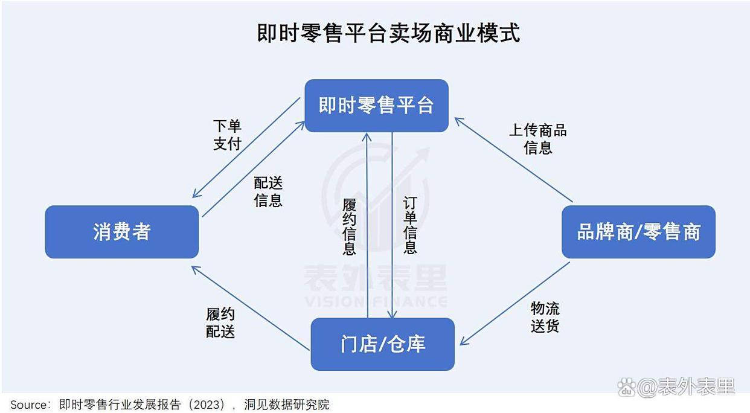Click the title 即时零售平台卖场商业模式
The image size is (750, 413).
[x=388, y=33]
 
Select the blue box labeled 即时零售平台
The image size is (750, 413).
[x=376, y=106]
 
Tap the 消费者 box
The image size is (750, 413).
[x=122, y=232]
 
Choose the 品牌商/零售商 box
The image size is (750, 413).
[x=638, y=232]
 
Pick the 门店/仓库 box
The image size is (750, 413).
[x=383, y=344]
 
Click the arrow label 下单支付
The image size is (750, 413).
[x=227, y=135]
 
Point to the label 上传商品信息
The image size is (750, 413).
[x=537, y=139]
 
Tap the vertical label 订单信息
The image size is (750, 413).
[x=410, y=225]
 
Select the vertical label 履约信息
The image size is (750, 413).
[x=349, y=226]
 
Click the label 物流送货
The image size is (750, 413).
[x=545, y=316]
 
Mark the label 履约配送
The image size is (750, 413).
[x=220, y=322]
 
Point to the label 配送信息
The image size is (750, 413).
[x=268, y=191]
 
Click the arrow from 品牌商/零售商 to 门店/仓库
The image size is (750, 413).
[x=515, y=303]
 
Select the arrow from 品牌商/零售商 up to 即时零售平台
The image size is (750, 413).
[x=514, y=159]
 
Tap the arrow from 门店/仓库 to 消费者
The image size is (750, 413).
[x=250, y=308]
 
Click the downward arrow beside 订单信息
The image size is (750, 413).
[x=392, y=225]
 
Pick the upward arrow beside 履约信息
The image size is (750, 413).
[x=367, y=225]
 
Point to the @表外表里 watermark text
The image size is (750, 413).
[x=687, y=387]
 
